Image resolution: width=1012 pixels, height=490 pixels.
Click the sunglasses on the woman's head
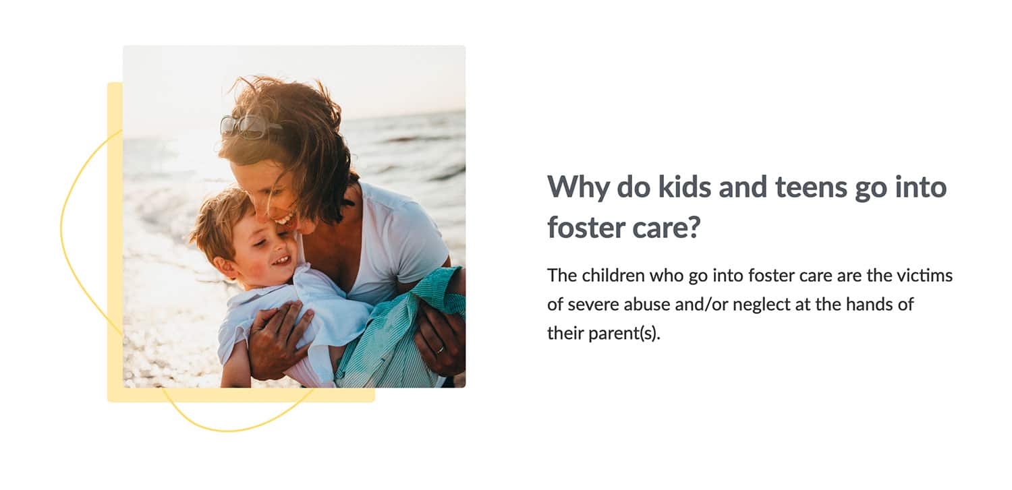pos(247,126)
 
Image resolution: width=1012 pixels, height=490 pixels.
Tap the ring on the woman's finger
pos(440,348)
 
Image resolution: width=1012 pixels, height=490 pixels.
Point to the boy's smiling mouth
pos(281,261)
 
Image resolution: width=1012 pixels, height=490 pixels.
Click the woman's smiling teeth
pos(285,220)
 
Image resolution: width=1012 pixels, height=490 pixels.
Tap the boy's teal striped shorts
pos(397,330)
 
